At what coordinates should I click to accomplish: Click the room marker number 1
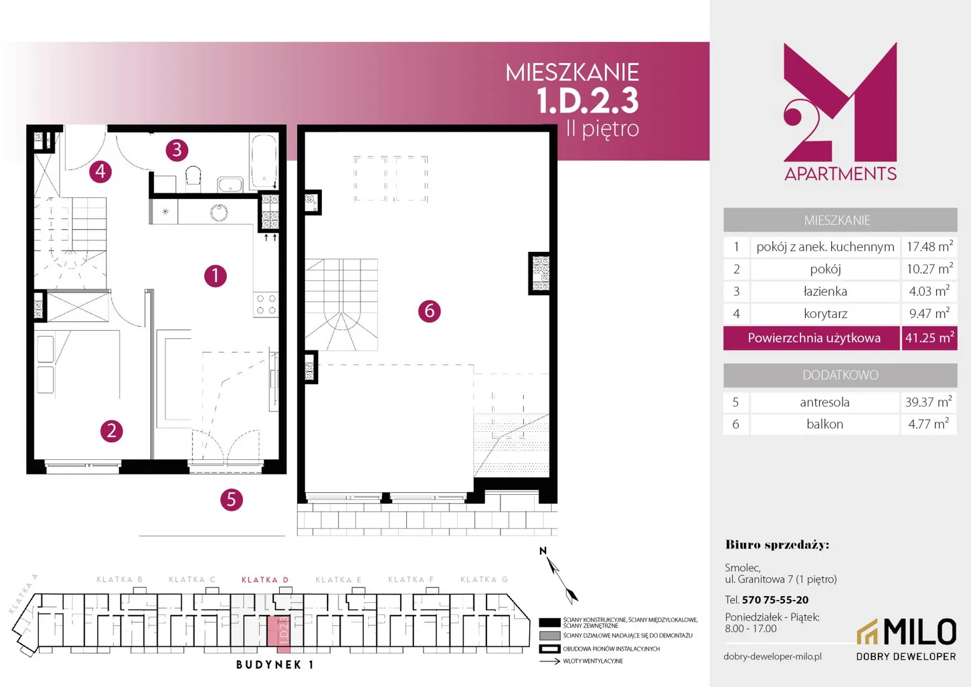click(x=216, y=276)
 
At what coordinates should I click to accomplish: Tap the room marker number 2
click(x=111, y=431)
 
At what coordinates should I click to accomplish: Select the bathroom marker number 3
click(x=177, y=150)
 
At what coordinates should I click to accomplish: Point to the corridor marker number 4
click(x=100, y=172)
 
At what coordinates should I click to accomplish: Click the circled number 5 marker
click(x=231, y=499)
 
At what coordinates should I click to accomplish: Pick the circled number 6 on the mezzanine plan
click(x=430, y=311)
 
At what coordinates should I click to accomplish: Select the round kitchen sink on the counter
click(x=219, y=212)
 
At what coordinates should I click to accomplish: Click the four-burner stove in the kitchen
click(x=266, y=304)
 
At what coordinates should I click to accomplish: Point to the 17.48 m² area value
click(x=930, y=246)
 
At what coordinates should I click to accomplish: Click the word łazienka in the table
click(x=825, y=291)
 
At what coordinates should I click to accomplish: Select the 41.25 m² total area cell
click(x=930, y=338)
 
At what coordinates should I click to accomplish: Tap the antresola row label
click(x=825, y=402)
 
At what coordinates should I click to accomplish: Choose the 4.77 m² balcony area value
click(x=928, y=424)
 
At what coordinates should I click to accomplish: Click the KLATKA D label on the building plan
click(x=265, y=580)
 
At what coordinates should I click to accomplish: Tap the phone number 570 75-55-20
click(x=775, y=600)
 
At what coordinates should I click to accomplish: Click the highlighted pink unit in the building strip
click(x=279, y=634)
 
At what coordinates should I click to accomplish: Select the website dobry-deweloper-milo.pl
click(x=773, y=656)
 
